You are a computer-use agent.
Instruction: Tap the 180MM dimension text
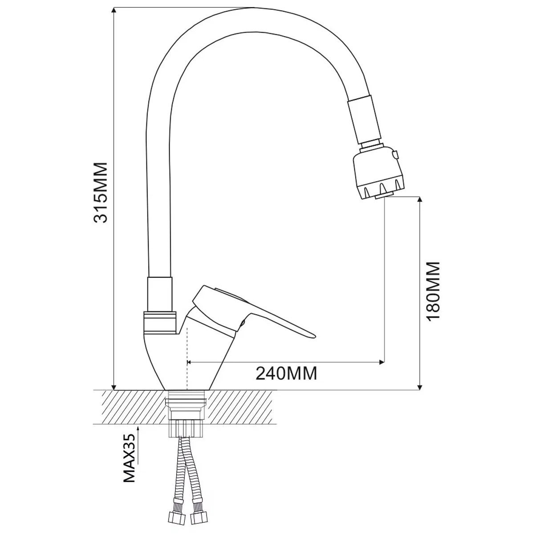(x=433, y=291)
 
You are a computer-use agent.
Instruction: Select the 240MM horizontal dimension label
(x=286, y=374)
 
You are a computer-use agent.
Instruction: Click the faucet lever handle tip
(x=314, y=336)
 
